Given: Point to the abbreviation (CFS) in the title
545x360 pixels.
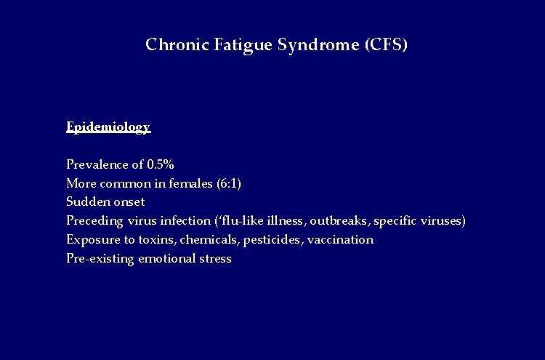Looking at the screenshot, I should (384, 45).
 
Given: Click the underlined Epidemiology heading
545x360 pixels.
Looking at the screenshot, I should (108, 127).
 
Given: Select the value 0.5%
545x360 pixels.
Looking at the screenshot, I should (160, 164).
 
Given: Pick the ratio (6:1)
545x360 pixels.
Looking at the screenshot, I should (229, 183).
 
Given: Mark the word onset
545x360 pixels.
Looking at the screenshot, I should (127, 202).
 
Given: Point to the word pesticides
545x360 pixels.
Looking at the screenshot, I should (272, 239).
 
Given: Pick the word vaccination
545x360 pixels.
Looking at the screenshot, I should (340, 239).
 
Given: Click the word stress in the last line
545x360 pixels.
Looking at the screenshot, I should (215, 259).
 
